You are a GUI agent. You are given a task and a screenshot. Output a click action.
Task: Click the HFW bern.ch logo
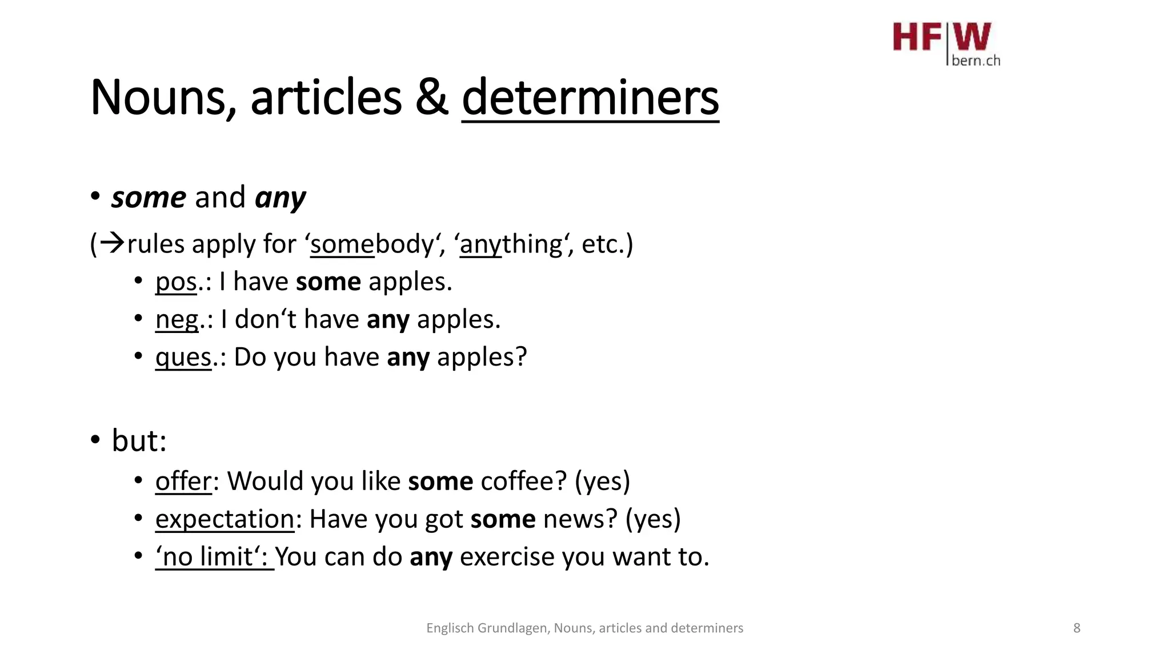(946, 44)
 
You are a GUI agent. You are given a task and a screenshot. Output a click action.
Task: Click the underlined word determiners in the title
(590, 98)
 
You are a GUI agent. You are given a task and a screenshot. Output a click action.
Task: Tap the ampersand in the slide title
(431, 98)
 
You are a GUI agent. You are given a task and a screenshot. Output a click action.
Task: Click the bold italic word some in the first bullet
(149, 198)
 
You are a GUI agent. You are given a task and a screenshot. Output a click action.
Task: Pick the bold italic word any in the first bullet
(280, 199)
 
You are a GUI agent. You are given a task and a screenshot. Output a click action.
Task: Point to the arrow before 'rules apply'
(112, 244)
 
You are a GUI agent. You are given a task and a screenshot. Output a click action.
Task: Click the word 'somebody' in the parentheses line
(372, 244)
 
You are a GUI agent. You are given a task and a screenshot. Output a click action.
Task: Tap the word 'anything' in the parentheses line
(511, 244)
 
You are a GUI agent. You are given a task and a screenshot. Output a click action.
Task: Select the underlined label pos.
(176, 282)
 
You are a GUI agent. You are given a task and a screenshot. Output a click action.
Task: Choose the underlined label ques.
(183, 358)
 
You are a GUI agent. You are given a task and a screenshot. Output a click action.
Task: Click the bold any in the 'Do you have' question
(408, 358)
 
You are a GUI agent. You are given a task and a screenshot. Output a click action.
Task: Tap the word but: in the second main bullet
(139, 441)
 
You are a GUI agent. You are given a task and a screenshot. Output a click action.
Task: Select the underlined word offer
(183, 481)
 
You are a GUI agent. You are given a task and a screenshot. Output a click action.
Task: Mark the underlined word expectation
(225, 519)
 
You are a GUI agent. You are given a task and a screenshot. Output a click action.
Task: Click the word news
(580, 519)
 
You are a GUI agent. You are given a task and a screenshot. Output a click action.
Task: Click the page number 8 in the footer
(1076, 628)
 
